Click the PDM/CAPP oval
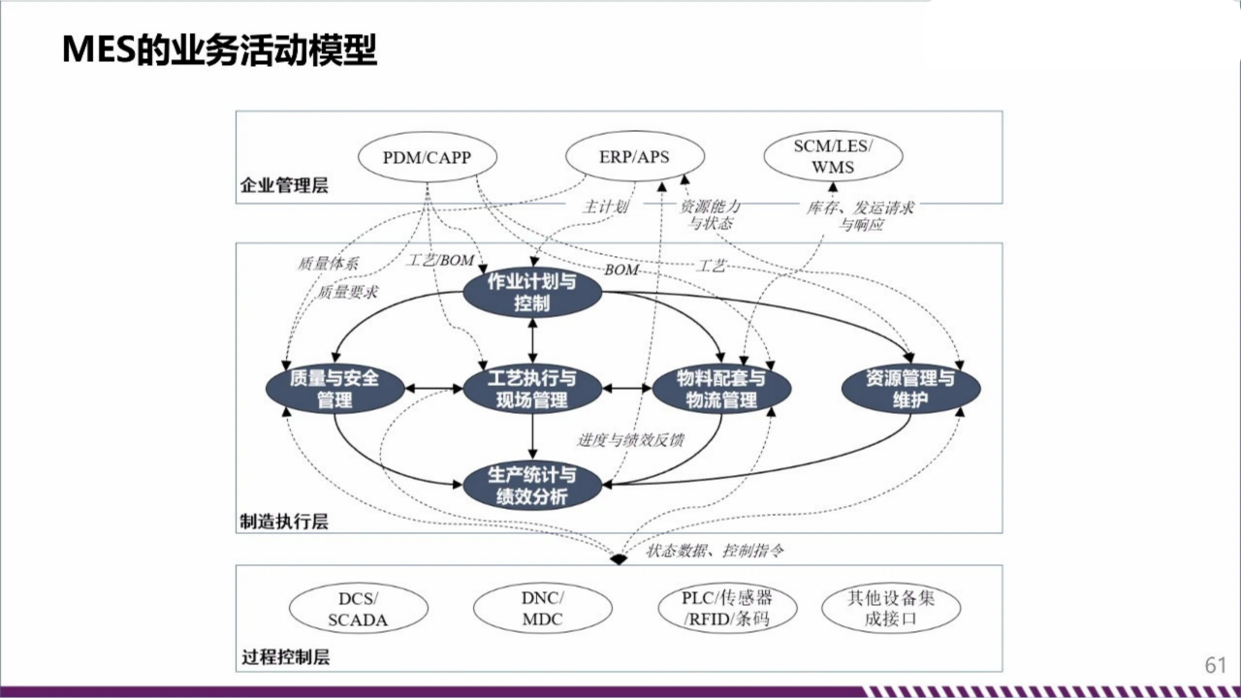pyautogui.click(x=427, y=157)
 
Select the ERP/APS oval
pyautogui.click(x=634, y=157)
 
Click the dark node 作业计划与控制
pyautogui.click(x=532, y=292)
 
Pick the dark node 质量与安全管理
pyautogui.click(x=334, y=389)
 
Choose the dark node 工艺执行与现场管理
pyautogui.click(x=532, y=389)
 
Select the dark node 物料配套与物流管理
pyautogui.click(x=721, y=389)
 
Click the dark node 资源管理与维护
pyautogui.click(x=910, y=389)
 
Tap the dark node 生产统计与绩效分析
pyautogui.click(x=532, y=486)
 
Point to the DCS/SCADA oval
pyautogui.click(x=359, y=609)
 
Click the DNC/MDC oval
pyautogui.click(x=542, y=609)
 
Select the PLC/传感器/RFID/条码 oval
pyautogui.click(x=727, y=609)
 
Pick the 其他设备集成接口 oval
pyautogui.click(x=891, y=609)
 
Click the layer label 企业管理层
pyautogui.click(x=284, y=185)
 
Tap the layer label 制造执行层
pyautogui.click(x=284, y=522)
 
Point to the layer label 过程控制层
pyautogui.click(x=284, y=657)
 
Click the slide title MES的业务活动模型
pyautogui.click(x=219, y=49)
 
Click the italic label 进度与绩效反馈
pyautogui.click(x=631, y=439)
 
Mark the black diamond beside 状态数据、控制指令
pyautogui.click(x=619, y=557)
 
